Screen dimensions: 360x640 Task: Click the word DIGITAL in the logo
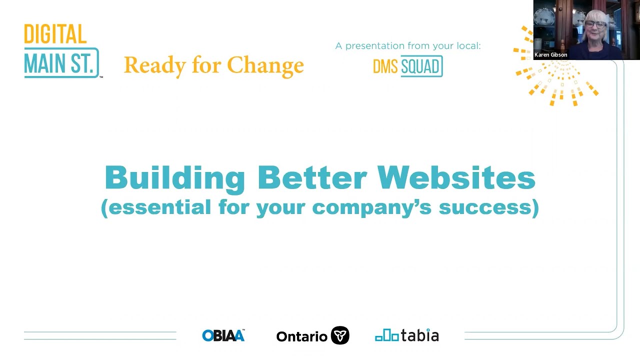55,34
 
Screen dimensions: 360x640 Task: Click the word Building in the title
174,177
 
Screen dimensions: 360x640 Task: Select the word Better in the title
312,177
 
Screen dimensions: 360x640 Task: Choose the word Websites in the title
456,177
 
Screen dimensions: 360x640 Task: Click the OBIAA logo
223,335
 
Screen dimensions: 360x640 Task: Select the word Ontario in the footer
301,336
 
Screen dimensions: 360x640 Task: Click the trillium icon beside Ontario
340,335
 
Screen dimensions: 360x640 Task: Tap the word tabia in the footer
420,335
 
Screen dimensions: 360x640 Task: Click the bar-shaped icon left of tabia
387,335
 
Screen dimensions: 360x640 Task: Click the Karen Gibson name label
550,55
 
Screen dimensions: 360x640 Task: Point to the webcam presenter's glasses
595,24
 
